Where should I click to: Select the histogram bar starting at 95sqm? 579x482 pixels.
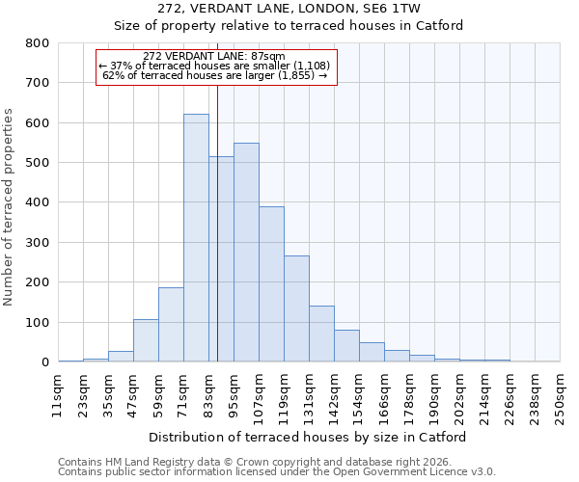click(x=246, y=253)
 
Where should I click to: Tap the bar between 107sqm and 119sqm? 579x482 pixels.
click(x=271, y=284)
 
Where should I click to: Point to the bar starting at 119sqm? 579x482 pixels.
click(x=296, y=308)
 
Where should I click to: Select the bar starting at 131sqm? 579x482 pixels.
click(x=321, y=334)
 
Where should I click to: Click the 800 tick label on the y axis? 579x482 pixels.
click(x=37, y=43)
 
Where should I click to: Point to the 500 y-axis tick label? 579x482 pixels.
click(x=37, y=163)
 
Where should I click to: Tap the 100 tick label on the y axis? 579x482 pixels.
click(x=37, y=323)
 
